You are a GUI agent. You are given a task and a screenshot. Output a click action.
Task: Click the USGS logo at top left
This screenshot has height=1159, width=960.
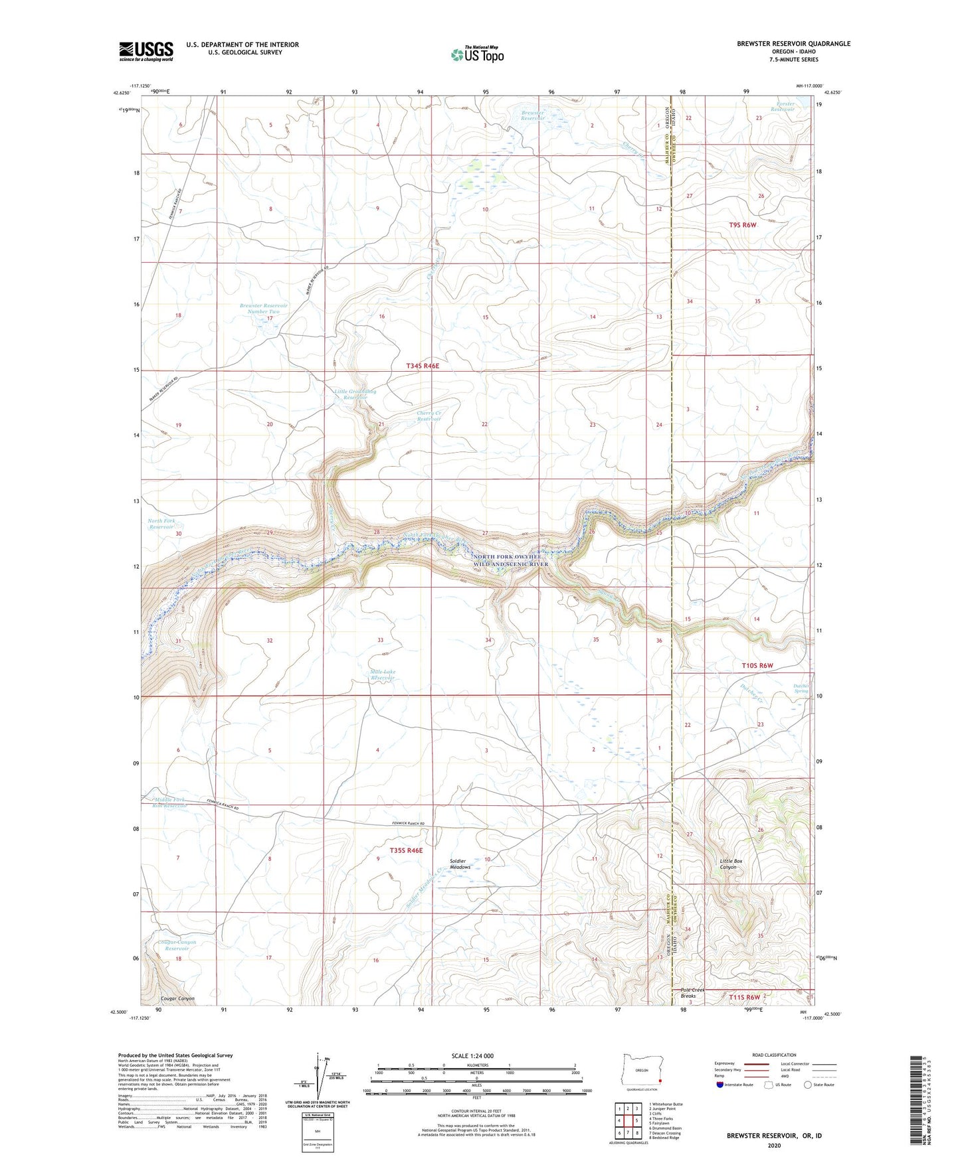click(146, 51)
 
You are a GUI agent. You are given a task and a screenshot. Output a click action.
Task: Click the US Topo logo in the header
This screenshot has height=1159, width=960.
click(476, 54)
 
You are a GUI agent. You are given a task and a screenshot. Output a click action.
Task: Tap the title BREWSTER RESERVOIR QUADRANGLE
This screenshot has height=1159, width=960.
click(793, 44)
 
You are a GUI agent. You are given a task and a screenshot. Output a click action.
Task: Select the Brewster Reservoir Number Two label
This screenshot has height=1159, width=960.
click(259, 309)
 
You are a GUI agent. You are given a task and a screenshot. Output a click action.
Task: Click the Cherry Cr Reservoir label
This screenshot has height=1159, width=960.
click(429, 416)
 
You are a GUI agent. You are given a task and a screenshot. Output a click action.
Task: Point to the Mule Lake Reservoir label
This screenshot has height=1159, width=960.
click(383, 675)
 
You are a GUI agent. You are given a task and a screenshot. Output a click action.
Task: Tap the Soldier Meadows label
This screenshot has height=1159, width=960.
click(460, 864)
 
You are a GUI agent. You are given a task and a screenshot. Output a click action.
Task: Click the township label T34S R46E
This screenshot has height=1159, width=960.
click(423, 366)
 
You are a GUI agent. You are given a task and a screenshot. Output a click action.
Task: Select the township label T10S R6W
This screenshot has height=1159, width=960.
click(757, 665)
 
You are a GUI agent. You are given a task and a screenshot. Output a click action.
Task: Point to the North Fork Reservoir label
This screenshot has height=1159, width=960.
click(161, 524)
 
